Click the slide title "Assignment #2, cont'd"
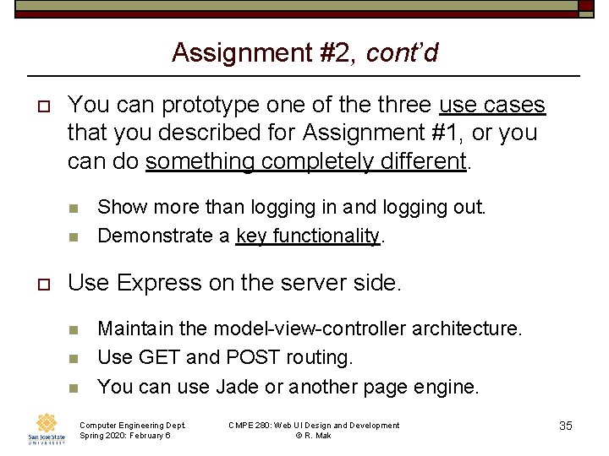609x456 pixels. click(304, 52)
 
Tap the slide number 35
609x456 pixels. click(566, 426)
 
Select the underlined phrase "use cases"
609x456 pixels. click(492, 106)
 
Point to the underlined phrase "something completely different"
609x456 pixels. click(306, 161)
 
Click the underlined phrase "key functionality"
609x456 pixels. click(308, 236)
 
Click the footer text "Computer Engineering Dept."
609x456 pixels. click(132, 425)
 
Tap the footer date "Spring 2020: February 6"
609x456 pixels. click(124, 436)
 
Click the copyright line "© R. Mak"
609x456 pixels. click(314, 436)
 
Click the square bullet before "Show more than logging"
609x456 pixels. click(74, 208)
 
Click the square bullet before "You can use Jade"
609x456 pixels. click(74, 388)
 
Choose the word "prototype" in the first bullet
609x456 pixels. click(209, 106)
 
